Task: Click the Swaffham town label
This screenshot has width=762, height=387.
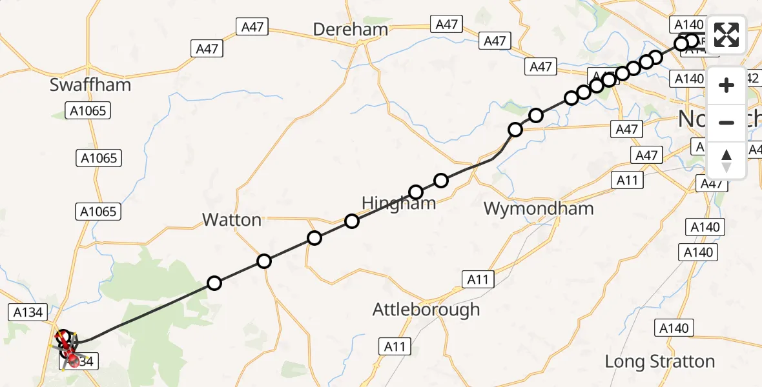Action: (x=90, y=84)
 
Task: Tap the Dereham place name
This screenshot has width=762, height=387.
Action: (x=350, y=29)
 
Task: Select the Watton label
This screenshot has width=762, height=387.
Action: (x=232, y=220)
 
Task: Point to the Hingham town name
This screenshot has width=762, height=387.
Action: (x=398, y=203)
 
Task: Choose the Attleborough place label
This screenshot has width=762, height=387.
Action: (x=426, y=310)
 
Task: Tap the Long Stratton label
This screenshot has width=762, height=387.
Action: (x=659, y=361)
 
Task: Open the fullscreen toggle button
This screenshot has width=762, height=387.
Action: (x=726, y=35)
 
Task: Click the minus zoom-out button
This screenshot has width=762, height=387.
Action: (x=726, y=123)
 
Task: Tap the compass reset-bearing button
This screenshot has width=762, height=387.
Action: (x=726, y=160)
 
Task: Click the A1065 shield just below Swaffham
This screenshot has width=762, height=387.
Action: (x=87, y=111)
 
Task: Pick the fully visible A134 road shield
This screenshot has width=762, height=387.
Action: (x=28, y=312)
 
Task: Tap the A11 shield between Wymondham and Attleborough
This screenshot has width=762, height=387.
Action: (x=478, y=279)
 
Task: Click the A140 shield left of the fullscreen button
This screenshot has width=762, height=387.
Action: (x=688, y=25)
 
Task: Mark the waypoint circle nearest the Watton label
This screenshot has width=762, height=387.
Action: (x=263, y=261)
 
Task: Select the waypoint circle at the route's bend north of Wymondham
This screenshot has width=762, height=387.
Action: (x=515, y=130)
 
